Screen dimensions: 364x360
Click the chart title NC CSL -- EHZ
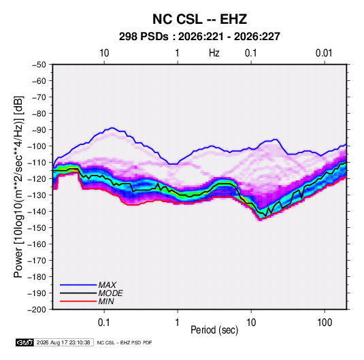pos(199,19)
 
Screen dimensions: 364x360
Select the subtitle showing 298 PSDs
pos(199,37)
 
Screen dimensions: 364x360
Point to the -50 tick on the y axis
pos(39,65)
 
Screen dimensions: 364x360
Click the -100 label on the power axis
pos(37,146)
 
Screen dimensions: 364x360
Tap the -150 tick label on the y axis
pos(37,228)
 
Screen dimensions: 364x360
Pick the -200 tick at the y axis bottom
pos(37,310)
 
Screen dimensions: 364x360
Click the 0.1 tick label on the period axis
pos(104,323)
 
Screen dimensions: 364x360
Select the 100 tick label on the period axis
pos(325,323)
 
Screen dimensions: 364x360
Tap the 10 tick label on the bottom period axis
pos(251,323)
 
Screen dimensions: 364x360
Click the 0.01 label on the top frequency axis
pos(324,53)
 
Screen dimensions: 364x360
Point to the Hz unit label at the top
pos(214,53)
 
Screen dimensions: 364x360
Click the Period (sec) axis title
pos(214,330)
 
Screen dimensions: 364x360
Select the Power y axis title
pos(18,186)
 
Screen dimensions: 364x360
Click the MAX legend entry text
pos(107,285)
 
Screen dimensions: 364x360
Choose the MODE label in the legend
pos(110,293)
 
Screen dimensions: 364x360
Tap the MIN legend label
pos(106,301)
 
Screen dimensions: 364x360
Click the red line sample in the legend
pos(78,301)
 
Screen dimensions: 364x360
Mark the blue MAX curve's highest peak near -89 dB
pos(112,128)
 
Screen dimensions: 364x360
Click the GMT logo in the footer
pos(24,342)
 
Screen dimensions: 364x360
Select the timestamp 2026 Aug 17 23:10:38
pos(63,342)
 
